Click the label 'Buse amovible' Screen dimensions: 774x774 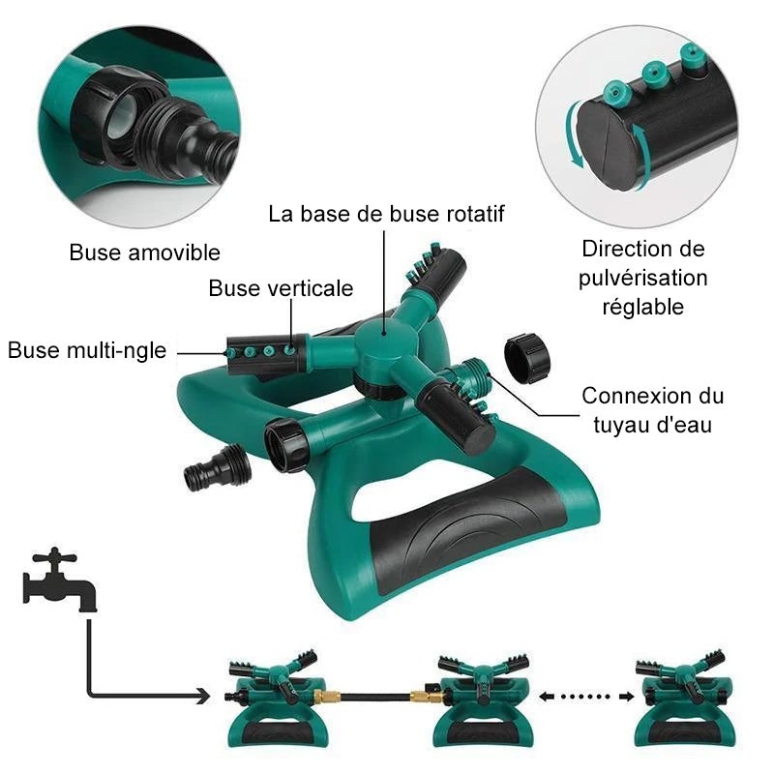(145, 253)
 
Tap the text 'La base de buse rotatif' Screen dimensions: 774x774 (387, 213)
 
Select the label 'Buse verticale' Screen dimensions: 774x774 (281, 288)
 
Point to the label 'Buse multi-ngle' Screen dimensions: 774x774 (87, 349)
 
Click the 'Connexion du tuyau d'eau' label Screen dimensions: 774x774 (652, 409)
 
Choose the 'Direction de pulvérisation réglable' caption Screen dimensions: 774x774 (643, 278)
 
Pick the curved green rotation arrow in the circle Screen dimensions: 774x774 (575, 141)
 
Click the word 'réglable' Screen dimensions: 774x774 (643, 307)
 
